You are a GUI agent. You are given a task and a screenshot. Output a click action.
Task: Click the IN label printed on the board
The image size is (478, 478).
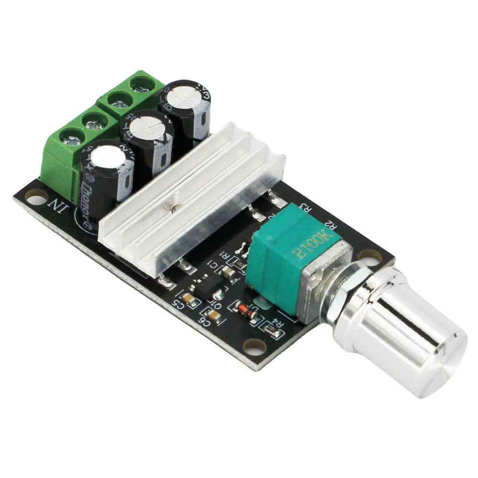click(x=56, y=206)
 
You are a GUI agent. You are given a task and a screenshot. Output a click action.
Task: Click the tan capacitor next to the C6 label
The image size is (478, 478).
click(x=215, y=316)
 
